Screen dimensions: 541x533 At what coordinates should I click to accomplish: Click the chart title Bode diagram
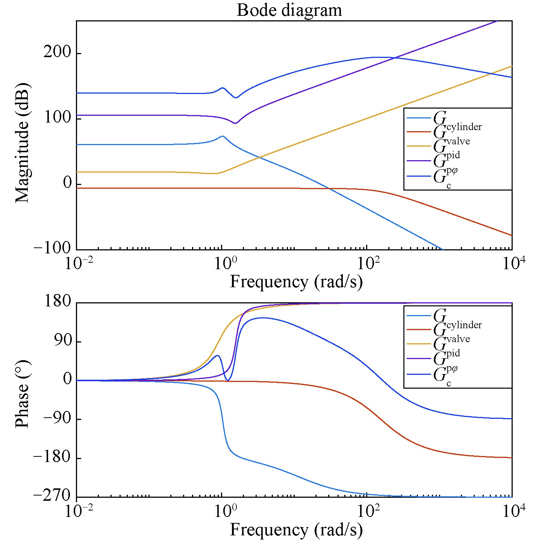pyautogui.click(x=289, y=10)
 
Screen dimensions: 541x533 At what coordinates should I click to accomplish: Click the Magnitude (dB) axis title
pyautogui.click(x=23, y=142)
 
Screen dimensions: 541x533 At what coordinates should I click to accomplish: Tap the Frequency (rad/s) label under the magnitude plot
pyautogui.click(x=296, y=282)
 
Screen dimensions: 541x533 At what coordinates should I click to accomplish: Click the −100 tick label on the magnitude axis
pyautogui.click(x=52, y=249)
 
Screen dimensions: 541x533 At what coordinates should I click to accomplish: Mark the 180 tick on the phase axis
pyautogui.click(x=57, y=302)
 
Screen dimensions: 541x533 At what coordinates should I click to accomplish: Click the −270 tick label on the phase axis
pyautogui.click(x=52, y=496)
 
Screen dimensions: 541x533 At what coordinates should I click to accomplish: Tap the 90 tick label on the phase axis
pyautogui.click(x=62, y=341)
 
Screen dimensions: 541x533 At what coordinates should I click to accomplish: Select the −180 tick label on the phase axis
pyautogui.click(x=52, y=458)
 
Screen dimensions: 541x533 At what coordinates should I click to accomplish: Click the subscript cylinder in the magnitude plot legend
pyautogui.click(x=464, y=127)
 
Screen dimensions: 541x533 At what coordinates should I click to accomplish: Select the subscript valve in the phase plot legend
pyautogui.click(x=458, y=339)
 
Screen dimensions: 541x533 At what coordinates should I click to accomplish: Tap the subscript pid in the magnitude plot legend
pyautogui.click(x=453, y=155)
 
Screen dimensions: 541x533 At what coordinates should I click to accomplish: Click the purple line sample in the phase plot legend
pyautogui.click(x=418, y=359)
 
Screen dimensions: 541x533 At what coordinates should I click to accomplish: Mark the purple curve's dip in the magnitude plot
pyautogui.click(x=235, y=123)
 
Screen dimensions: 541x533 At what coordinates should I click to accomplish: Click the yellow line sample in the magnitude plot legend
pyautogui.click(x=418, y=146)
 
